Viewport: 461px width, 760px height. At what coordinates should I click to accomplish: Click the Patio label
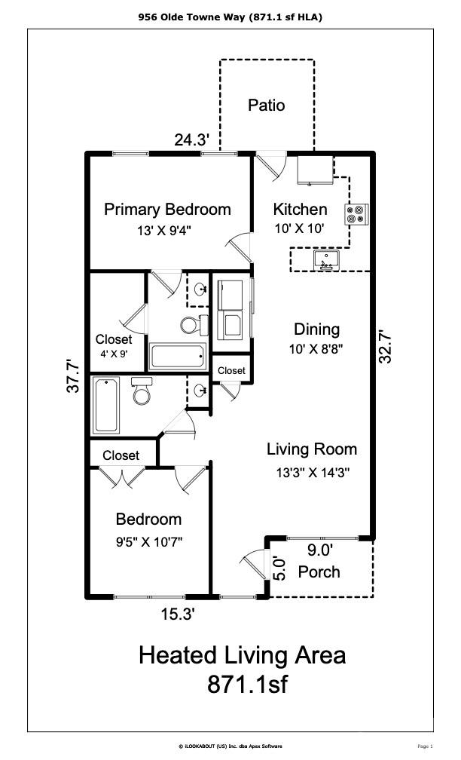(267, 106)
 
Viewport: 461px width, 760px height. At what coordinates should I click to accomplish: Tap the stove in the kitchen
(356, 215)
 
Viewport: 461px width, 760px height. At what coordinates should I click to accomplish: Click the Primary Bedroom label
(167, 210)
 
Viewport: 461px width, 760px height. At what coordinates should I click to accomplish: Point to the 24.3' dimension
(192, 140)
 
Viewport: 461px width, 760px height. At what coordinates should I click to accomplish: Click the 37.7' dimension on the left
(72, 375)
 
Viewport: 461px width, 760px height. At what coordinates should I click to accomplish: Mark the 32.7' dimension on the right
(386, 346)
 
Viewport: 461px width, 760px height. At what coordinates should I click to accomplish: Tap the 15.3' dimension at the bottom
(178, 614)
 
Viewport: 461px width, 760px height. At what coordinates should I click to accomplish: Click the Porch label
(319, 572)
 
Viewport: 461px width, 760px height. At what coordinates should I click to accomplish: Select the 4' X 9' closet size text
(114, 354)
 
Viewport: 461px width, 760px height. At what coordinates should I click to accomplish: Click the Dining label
(316, 329)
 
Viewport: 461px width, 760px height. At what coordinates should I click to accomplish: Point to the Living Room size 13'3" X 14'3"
(313, 472)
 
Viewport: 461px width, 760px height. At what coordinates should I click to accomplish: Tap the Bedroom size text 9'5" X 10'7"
(149, 541)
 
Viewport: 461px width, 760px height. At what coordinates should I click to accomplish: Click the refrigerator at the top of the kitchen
(315, 170)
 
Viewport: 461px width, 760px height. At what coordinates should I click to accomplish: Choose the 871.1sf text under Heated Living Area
(247, 685)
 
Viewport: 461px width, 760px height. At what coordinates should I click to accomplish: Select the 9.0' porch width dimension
(319, 550)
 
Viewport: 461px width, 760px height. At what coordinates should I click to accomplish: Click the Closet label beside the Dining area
(231, 371)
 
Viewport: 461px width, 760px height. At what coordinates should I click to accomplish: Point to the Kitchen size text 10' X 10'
(299, 228)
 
